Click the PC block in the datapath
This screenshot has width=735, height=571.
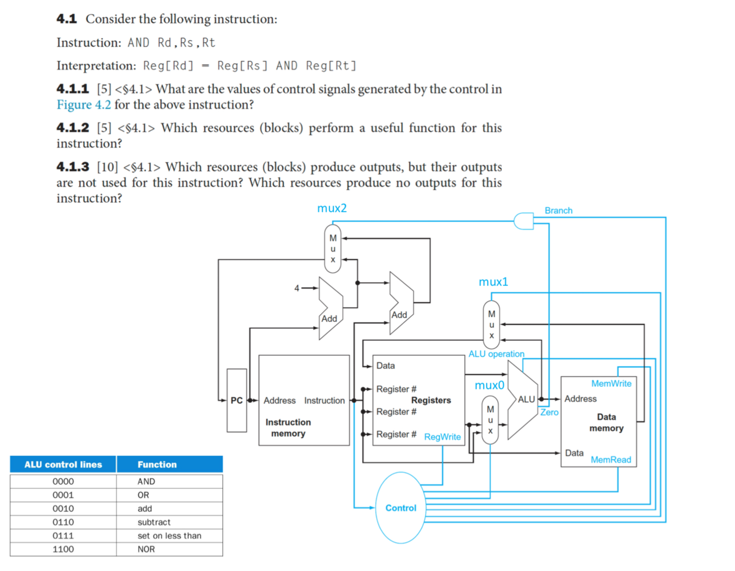[236, 401]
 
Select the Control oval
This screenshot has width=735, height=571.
[401, 508]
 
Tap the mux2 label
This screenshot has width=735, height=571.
[332, 208]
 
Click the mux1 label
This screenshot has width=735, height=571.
[493, 282]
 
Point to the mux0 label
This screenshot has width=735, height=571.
[489, 385]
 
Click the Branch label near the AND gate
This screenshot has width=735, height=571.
[558, 210]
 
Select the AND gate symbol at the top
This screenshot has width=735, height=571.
[524, 221]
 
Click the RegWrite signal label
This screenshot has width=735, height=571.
[442, 437]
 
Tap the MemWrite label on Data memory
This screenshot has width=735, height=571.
[611, 384]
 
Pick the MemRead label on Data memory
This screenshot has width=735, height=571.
[610, 460]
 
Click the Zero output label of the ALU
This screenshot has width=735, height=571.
[549, 412]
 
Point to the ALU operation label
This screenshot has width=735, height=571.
[496, 354]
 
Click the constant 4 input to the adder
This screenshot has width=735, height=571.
[297, 288]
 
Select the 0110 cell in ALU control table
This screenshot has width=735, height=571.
[63, 522]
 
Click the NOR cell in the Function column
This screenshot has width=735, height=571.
[146, 549]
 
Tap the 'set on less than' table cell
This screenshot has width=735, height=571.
[169, 536]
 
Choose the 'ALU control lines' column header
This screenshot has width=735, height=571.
[63, 465]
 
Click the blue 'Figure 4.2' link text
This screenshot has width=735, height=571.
[84, 105]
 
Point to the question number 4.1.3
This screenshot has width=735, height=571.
[73, 167]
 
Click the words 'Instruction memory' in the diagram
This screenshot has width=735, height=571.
[288, 428]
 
